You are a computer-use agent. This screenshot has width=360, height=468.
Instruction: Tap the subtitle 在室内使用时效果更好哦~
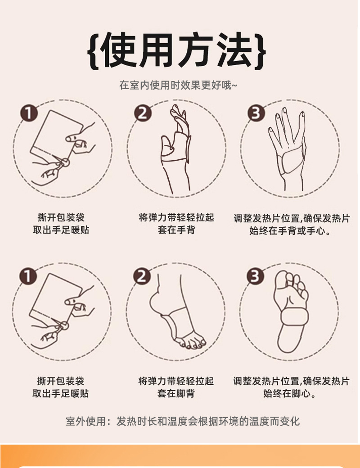178,85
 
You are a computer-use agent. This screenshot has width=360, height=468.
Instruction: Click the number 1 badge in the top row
29,113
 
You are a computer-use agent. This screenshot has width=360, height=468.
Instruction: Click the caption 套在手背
176,230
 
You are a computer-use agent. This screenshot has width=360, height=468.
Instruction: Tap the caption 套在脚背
176,393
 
